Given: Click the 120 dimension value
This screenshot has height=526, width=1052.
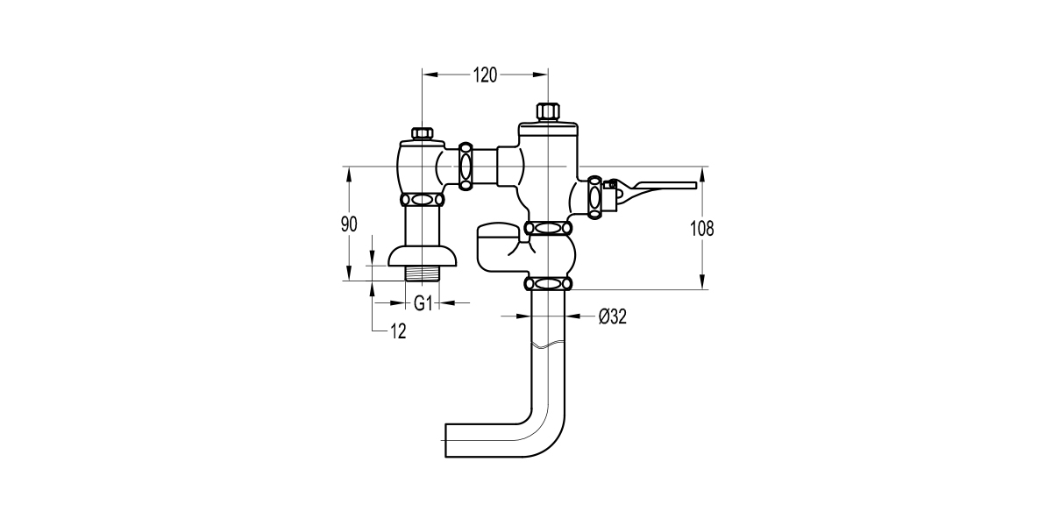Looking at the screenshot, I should click(485, 75).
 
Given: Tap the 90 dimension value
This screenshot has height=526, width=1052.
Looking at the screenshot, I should click(349, 224).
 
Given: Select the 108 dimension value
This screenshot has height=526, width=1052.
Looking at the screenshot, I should click(702, 229).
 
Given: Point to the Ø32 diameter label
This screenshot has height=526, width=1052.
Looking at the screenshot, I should click(612, 317).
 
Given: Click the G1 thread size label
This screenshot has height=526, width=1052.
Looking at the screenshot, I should click(423, 303).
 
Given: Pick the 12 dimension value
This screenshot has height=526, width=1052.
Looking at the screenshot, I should click(399, 331).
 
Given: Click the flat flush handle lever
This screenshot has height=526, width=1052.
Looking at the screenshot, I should click(662, 186).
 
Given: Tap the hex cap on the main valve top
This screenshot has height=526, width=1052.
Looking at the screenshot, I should click(548, 112).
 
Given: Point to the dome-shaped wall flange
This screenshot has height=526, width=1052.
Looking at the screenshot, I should click(423, 255).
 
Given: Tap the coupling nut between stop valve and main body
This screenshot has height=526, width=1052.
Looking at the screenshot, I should click(466, 164).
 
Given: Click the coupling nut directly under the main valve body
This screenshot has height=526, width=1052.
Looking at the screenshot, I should click(548, 228).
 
